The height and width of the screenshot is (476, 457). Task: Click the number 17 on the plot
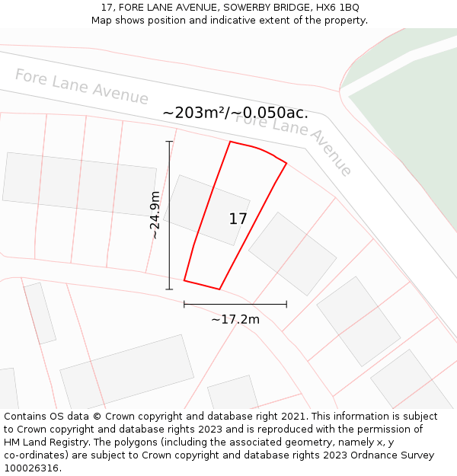tap(238, 219)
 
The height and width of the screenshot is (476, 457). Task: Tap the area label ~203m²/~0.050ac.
tap(235, 113)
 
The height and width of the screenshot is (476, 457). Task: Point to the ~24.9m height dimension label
tap(155, 215)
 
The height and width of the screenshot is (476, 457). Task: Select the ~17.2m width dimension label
tap(235, 319)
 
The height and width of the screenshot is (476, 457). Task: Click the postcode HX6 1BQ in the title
tap(339, 8)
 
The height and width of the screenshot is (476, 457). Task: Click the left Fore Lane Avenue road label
tap(81, 87)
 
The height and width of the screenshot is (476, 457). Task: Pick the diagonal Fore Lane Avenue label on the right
tap(294, 142)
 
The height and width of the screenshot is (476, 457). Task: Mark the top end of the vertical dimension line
tap(169, 142)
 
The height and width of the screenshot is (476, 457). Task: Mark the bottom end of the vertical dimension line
tap(169, 289)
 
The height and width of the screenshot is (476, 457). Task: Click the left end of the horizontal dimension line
tap(184, 304)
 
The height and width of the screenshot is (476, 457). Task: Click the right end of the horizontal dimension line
tap(286, 304)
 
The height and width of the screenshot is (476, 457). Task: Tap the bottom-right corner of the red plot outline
tap(219, 289)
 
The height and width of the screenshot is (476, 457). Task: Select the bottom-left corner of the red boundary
tap(184, 280)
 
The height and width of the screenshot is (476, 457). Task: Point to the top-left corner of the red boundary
tap(230, 142)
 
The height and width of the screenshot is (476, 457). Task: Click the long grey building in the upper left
tap(79, 184)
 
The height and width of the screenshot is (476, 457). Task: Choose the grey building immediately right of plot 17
tap(292, 253)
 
